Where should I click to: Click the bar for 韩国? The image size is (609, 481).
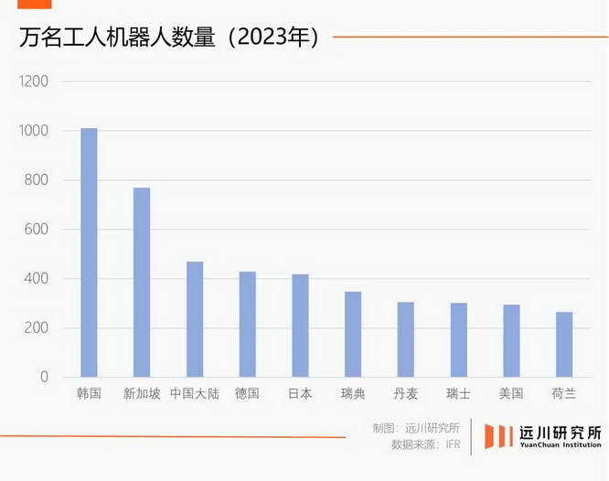pyautogui.click(x=89, y=252)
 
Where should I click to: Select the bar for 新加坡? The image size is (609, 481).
pyautogui.click(x=142, y=282)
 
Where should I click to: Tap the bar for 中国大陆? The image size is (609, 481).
pyautogui.click(x=195, y=319)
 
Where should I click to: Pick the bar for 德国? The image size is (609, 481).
pyautogui.click(x=247, y=324)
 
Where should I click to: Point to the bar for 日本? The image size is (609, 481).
pyautogui.click(x=300, y=326)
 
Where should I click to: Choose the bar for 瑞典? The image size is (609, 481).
pyautogui.click(x=353, y=334)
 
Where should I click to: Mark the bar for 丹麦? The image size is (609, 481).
pyautogui.click(x=405, y=339)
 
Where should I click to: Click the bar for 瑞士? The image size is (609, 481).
pyautogui.click(x=458, y=339)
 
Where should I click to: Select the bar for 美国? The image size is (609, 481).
pyautogui.click(x=511, y=340)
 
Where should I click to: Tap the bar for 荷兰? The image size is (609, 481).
pyautogui.click(x=564, y=344)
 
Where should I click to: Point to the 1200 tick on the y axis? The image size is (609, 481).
pyautogui.click(x=35, y=81)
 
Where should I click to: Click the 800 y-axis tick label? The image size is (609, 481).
pyautogui.click(x=37, y=180)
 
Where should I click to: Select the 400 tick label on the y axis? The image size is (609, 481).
pyautogui.click(x=37, y=279)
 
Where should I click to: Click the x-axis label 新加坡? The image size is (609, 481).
pyautogui.click(x=142, y=394)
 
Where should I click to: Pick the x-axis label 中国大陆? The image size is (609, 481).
pyautogui.click(x=195, y=394)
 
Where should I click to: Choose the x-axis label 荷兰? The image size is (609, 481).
pyautogui.click(x=564, y=394)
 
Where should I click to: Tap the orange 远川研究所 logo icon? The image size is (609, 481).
pyautogui.click(x=498, y=436)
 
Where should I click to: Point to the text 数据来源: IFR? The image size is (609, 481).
pyautogui.click(x=425, y=444)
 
